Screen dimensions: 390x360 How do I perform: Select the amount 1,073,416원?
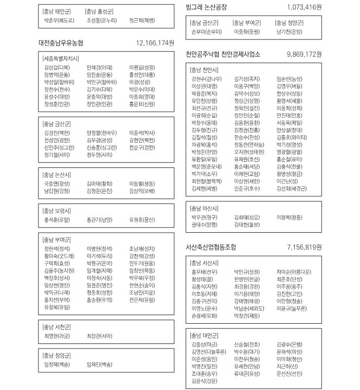304,7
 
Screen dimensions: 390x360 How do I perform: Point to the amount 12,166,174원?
155,42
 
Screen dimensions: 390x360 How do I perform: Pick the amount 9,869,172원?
304,54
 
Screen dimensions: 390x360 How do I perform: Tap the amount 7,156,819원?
304,247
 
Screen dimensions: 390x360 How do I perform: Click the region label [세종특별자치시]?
61,59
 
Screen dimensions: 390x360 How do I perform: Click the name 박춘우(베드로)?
59,21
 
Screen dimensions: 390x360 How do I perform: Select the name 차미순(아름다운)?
294,272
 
